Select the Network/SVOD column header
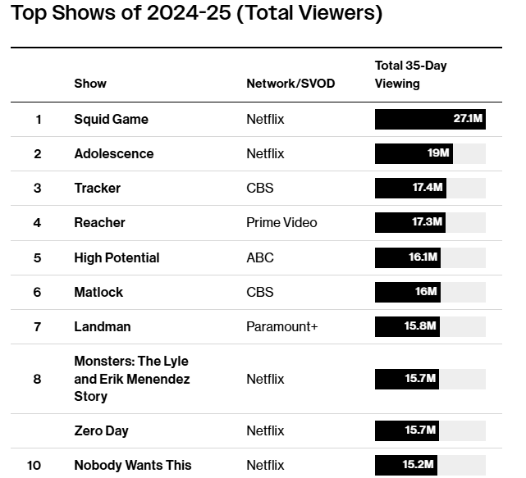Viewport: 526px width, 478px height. point(290,84)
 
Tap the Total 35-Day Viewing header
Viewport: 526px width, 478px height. point(410,75)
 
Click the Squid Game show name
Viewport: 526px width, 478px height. point(111,120)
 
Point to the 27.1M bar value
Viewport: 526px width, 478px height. point(468,120)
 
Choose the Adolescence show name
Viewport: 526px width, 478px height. point(113,154)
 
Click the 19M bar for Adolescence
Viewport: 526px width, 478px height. point(414,154)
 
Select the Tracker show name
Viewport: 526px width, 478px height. point(97,189)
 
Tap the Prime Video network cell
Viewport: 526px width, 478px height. point(281,223)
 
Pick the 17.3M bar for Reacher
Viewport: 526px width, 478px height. point(410,223)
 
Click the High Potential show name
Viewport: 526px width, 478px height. point(117,258)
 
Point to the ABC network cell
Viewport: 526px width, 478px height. point(260,258)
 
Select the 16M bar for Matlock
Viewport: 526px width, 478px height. point(408,293)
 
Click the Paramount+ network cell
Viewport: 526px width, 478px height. point(281,327)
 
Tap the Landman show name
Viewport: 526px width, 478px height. point(102,327)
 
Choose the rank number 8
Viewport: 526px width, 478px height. point(37,380)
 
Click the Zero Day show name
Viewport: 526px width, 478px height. point(101,431)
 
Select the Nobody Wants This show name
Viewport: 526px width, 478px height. point(132,466)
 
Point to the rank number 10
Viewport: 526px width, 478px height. point(34,466)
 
